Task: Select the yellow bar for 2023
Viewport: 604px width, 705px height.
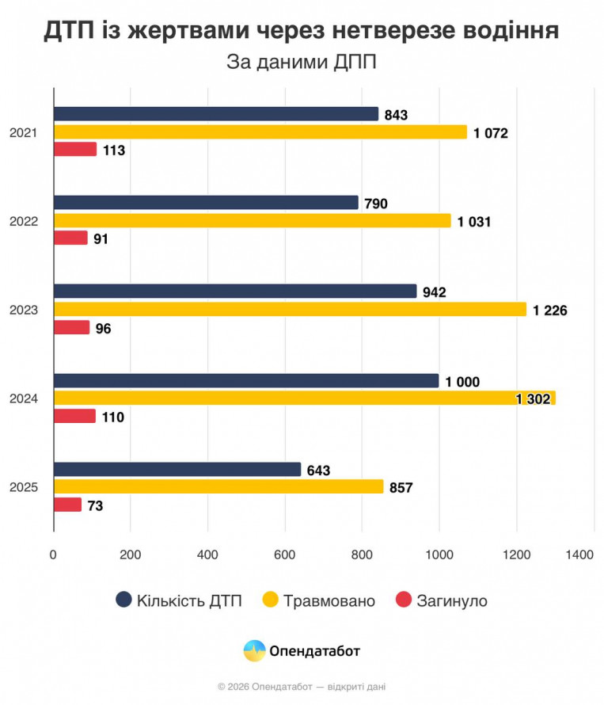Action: [290, 309]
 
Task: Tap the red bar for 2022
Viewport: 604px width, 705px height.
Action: [70, 238]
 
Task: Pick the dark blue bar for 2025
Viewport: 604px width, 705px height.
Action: [177, 470]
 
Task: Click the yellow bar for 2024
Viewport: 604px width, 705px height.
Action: [304, 398]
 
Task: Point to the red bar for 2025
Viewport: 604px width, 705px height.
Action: [67, 505]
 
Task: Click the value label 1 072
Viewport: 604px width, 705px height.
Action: [491, 133]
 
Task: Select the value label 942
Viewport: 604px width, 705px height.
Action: [435, 292]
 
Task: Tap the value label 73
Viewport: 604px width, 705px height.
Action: [96, 505]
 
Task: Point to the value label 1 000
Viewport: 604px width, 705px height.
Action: [463, 382]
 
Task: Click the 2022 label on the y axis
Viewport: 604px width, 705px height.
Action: [24, 221]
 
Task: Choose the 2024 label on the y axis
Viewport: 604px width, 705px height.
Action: [24, 398]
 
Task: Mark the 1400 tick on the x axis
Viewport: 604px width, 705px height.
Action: [579, 555]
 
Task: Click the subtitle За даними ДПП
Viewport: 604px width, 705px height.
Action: [302, 62]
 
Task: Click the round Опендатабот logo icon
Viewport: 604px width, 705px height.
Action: [254, 651]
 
